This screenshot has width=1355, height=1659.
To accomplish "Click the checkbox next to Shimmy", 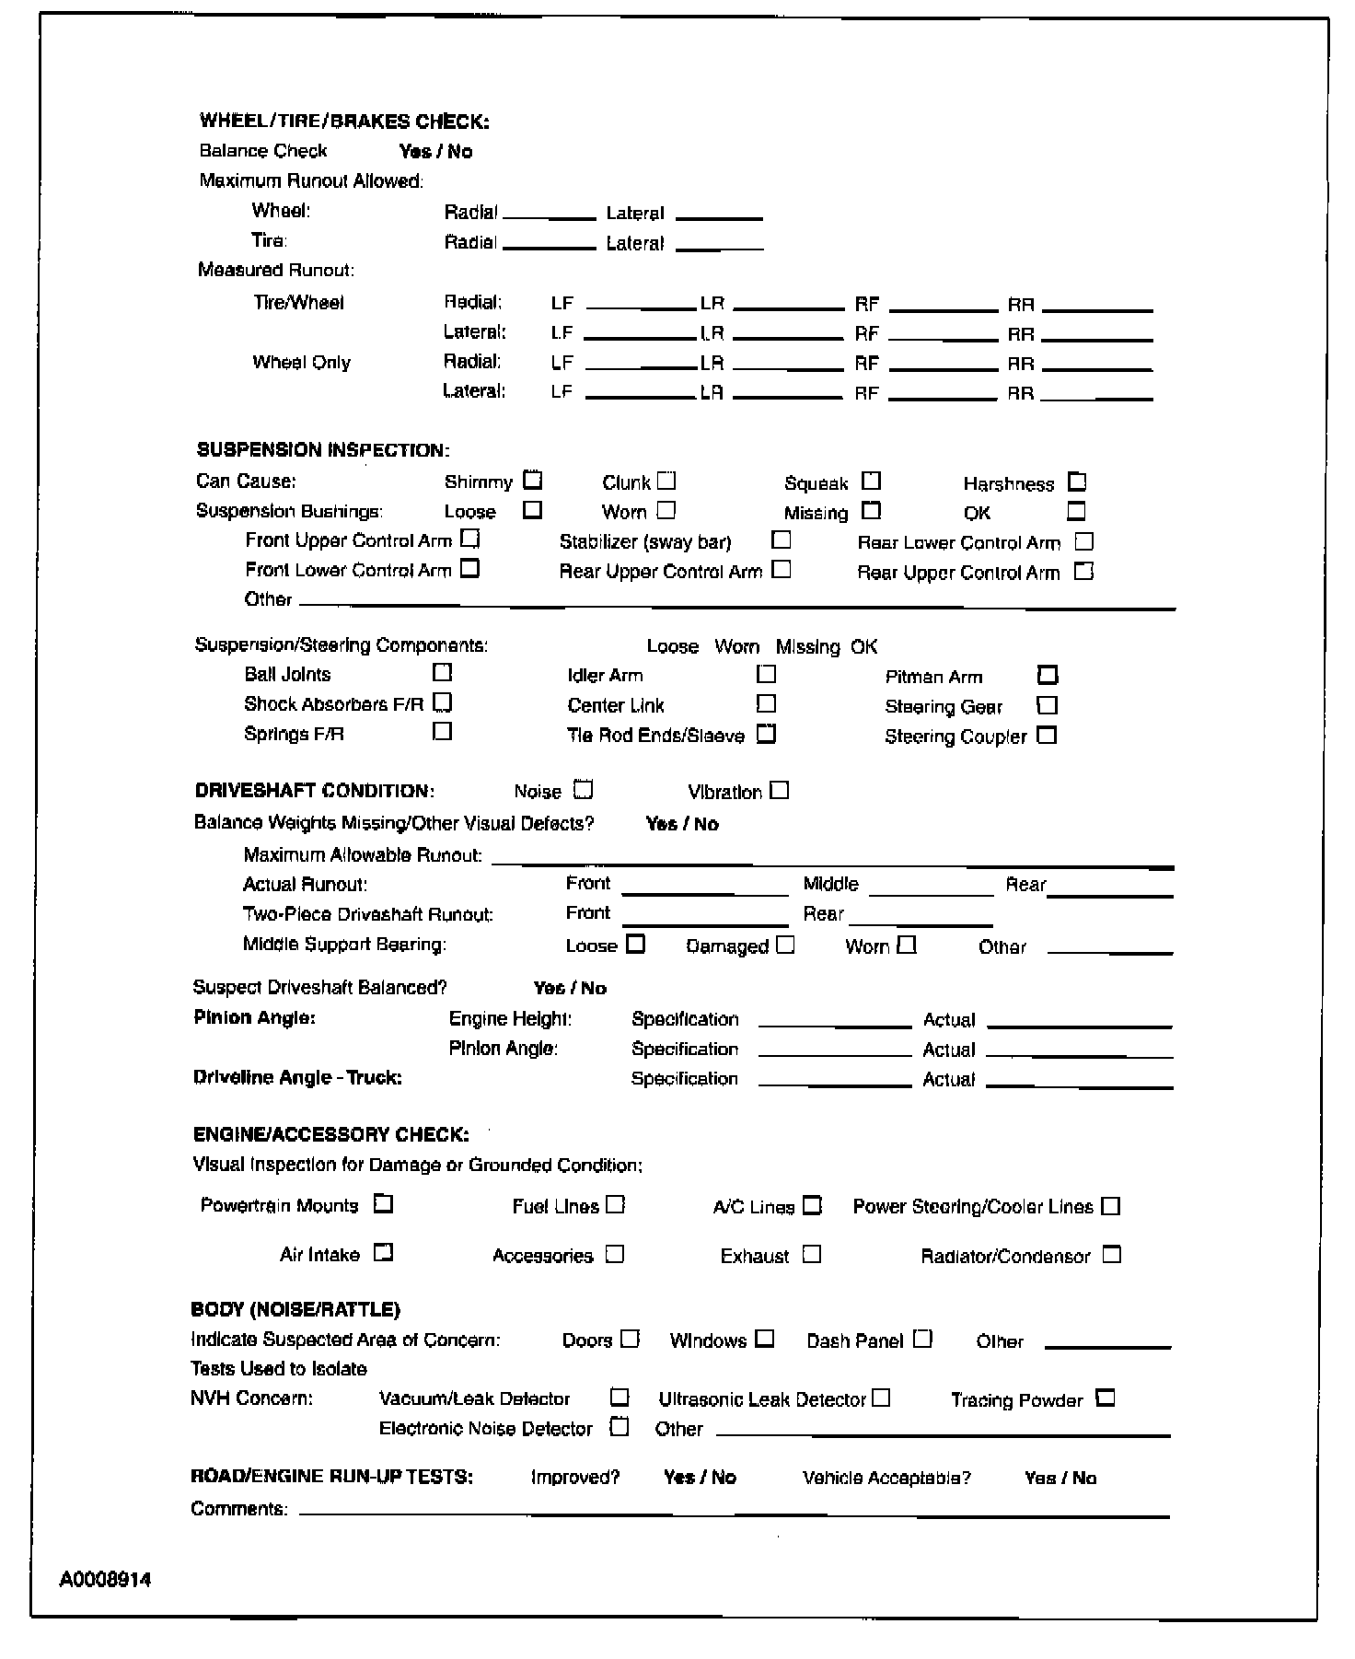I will (533, 481).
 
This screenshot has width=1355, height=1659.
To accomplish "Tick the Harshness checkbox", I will (1077, 482).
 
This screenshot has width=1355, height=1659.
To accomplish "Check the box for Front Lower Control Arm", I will (470, 569).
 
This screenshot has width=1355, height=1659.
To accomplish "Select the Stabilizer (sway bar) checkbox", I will (781, 540).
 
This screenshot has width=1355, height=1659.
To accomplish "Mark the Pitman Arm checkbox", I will (1048, 676).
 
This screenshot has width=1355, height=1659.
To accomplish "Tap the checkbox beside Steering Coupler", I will (1047, 736).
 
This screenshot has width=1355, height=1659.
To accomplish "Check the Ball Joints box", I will (443, 673).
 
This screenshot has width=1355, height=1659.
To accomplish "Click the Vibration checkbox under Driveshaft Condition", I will (780, 791).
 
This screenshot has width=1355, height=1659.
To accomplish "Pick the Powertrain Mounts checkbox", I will (384, 1204).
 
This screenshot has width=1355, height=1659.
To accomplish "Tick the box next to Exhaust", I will (811, 1255).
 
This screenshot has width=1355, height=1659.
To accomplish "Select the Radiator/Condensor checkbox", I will (1112, 1255).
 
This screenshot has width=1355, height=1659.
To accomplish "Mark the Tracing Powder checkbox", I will (1106, 1398).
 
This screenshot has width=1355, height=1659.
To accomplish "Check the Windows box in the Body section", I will (765, 1340).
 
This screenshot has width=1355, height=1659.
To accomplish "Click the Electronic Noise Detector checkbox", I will (620, 1427).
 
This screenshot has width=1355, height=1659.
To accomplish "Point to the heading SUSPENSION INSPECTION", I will (323, 450).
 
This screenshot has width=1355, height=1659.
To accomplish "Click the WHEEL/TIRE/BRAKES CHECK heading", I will (344, 122).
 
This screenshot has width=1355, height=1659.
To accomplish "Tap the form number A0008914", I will (106, 1581).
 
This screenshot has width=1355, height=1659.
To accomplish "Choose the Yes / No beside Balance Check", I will (435, 152).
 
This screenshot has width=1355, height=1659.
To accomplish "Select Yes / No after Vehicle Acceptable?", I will (1060, 1478).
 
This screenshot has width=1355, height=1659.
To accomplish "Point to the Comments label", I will (238, 1509).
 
